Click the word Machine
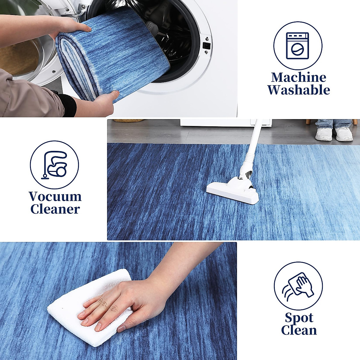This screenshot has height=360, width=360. coord(298,77)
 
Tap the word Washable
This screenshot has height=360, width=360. coord(298,90)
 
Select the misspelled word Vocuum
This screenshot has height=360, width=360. coord(55,197)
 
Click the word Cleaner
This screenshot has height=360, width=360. coord(55,209)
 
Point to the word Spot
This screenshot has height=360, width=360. coord(299,318)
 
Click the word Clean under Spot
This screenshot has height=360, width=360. coord(299,330)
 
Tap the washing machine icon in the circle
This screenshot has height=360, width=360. coord(297,46)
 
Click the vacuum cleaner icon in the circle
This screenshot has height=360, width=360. coord(55,165)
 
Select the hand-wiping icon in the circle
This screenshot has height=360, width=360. coord(298,286)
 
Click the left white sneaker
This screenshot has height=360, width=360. coord(323,134)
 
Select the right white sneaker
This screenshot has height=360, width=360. coord(344,134)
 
